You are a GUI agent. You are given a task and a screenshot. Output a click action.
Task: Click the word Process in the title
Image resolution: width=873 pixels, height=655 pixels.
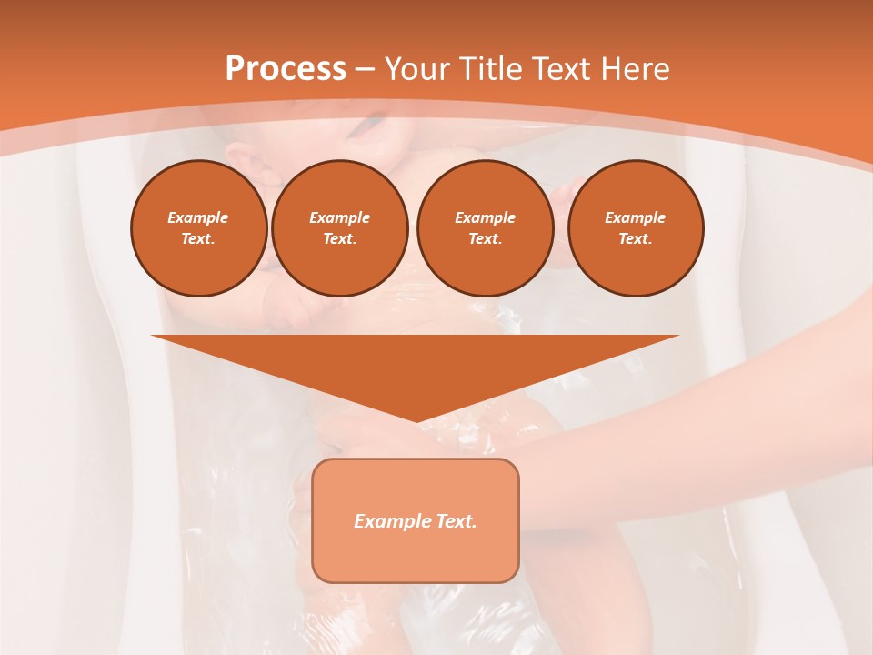click(x=286, y=69)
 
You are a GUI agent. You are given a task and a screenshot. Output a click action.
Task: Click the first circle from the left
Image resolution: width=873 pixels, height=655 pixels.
click(x=199, y=228)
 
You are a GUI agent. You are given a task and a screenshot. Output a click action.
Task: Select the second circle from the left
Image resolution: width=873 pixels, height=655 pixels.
click(x=340, y=228)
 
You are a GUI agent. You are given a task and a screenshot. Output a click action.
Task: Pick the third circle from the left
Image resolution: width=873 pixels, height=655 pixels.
click(x=486, y=228)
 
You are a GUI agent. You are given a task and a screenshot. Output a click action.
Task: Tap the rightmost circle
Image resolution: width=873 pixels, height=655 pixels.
click(x=636, y=228)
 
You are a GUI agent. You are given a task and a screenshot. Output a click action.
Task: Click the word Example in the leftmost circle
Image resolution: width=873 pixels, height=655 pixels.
click(x=198, y=217)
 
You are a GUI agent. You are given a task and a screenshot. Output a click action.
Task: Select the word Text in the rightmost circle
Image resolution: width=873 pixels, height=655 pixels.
click(x=635, y=239)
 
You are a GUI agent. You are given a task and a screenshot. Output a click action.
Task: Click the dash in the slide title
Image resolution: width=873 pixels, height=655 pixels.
click(x=365, y=69)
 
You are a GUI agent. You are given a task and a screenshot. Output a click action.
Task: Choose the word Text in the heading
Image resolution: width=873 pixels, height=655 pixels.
click(x=561, y=69)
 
